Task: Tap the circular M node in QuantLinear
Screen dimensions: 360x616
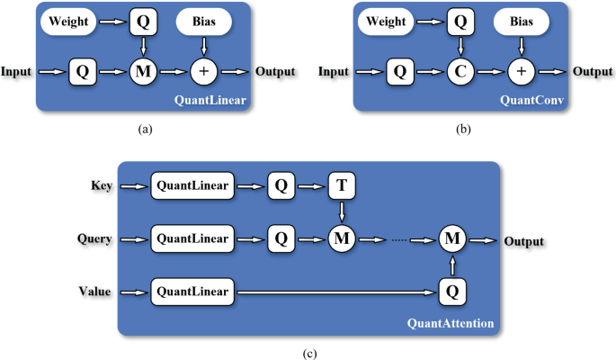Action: (141, 70)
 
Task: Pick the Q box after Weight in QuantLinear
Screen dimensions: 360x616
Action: (141, 19)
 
